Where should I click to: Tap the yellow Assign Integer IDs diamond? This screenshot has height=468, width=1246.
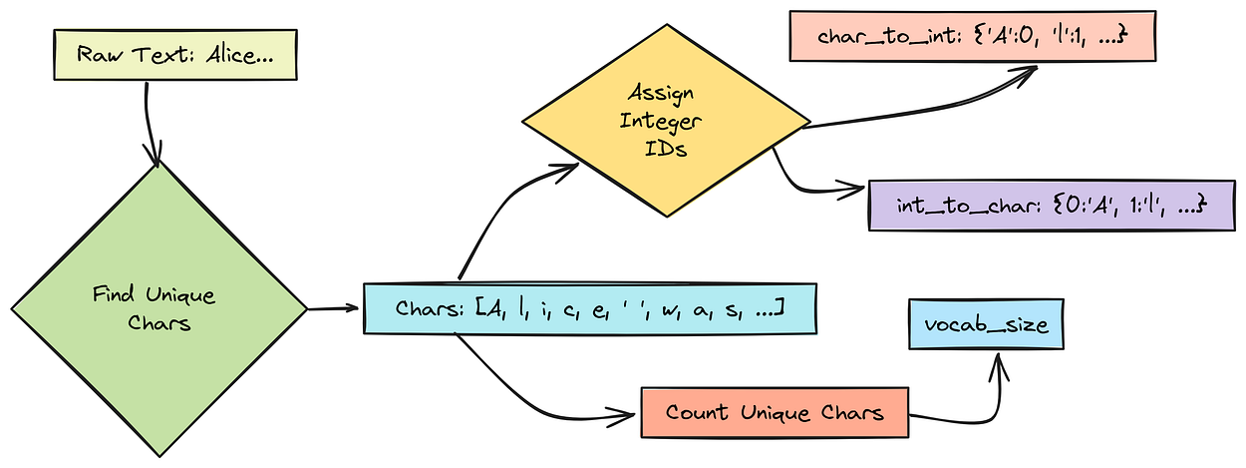coord(666,126)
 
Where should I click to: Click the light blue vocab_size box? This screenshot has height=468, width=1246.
coord(985,325)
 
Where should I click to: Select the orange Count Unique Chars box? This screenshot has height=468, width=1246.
coord(776,412)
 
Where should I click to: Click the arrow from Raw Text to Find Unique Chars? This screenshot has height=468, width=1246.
coord(150,120)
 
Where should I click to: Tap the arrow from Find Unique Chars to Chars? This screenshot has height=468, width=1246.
coord(334,307)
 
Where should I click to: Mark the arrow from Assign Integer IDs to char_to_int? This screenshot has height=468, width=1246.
coord(917,100)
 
